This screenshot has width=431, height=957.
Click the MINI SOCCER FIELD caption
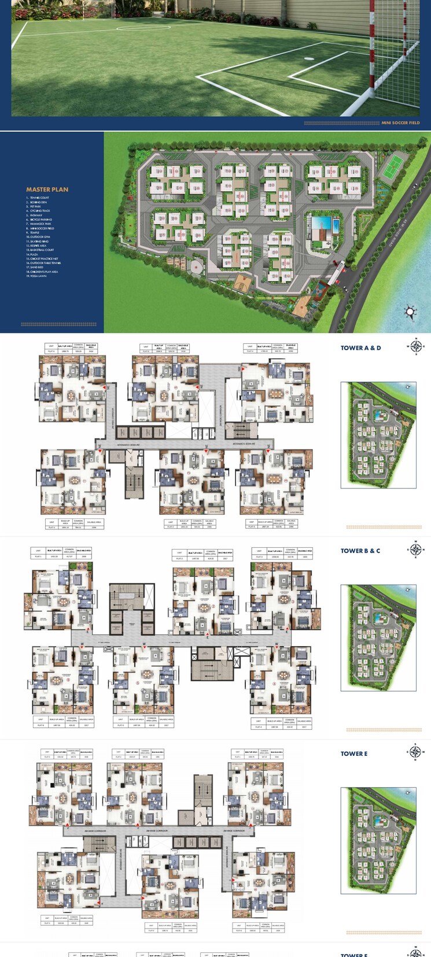400,123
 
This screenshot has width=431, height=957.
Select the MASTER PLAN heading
47,190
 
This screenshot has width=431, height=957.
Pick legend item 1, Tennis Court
38,198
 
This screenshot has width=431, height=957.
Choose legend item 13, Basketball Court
40,250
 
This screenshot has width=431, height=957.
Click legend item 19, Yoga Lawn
37,276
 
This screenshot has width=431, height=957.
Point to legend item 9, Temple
34,232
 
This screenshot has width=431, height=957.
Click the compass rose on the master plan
410,312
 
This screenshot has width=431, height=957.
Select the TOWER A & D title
360,348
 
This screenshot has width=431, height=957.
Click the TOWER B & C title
360,551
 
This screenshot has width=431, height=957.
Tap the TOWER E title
353,754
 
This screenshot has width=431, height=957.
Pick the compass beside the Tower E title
415,752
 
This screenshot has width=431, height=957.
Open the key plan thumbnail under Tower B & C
378,638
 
